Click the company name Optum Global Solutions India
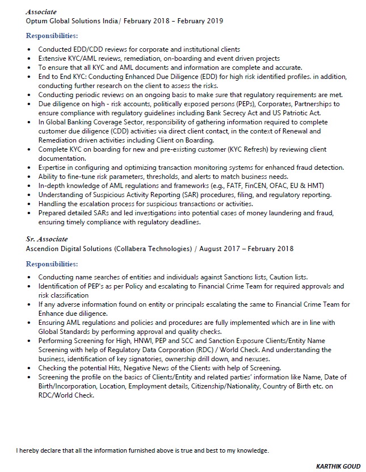(73, 21)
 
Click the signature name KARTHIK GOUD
(338, 466)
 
